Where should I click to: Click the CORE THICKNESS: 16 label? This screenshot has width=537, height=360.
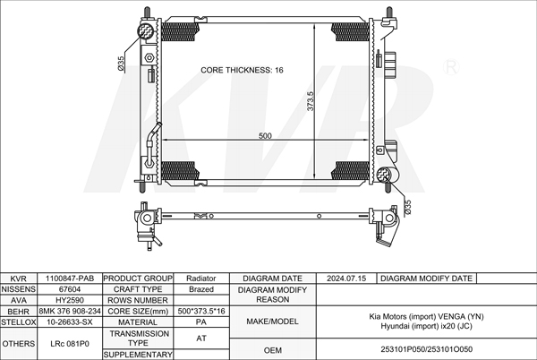click(x=242, y=70)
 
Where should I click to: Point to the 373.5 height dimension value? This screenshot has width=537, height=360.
click(x=311, y=100)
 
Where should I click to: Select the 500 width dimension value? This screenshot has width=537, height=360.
click(x=265, y=136)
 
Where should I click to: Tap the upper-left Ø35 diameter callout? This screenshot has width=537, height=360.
click(x=121, y=64)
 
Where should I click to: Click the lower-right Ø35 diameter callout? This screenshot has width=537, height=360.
click(x=407, y=209)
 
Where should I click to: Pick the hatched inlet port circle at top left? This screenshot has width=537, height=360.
click(x=146, y=31)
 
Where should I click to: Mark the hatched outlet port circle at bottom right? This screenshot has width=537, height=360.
click(x=384, y=175)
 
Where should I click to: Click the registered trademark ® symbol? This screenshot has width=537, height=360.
click(x=451, y=67)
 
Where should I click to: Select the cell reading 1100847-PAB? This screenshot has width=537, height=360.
click(x=70, y=279)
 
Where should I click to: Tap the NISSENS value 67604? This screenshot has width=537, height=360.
click(x=70, y=289)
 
